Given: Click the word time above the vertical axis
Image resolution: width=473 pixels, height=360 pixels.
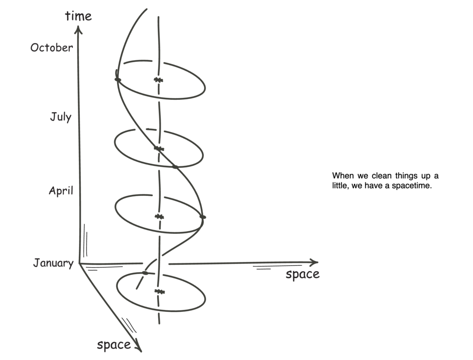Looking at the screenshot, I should click(79, 16).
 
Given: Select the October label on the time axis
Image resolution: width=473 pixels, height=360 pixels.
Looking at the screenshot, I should click(52, 48).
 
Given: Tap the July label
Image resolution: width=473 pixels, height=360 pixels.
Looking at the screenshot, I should click(61, 116).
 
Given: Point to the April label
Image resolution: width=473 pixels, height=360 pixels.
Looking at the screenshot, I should click(61, 190).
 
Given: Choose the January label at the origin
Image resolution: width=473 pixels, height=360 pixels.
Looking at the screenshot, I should click(53, 263).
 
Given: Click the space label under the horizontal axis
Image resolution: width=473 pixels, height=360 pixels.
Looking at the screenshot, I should click(302, 275).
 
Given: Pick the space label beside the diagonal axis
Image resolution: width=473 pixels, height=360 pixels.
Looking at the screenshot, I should click(113, 344).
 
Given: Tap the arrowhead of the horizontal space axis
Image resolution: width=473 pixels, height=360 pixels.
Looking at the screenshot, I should click(315, 262).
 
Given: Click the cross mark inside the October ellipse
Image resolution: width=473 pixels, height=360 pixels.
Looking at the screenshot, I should click(159, 80).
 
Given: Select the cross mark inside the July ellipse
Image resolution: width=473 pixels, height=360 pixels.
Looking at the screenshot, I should click(159, 148).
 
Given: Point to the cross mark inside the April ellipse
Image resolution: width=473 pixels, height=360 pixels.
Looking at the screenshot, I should click(159, 216).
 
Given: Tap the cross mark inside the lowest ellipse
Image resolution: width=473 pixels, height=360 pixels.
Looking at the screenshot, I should click(160, 292).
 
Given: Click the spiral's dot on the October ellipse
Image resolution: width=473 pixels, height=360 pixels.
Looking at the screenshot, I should click(118, 80).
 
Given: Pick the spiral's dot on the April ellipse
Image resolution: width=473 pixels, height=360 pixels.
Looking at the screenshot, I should click(202, 217).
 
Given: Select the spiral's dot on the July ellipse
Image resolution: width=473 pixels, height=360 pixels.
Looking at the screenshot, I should click(175, 166).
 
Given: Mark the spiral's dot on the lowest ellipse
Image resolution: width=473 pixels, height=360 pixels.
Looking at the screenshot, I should click(145, 273).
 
